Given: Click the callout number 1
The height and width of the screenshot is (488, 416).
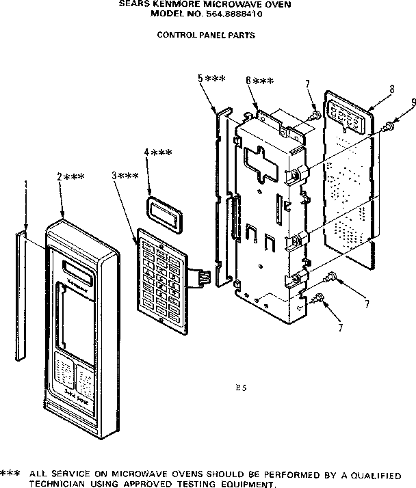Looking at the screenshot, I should [x=26, y=184].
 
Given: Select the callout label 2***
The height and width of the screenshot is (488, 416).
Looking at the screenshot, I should [x=71, y=176].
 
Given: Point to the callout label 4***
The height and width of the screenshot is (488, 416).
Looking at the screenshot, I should [x=158, y=152].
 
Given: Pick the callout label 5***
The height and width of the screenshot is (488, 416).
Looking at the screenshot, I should [x=211, y=79].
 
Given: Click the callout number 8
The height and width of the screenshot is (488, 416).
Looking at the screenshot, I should [x=391, y=89].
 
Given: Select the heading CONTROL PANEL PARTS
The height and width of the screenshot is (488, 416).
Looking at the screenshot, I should [x=206, y=35].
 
